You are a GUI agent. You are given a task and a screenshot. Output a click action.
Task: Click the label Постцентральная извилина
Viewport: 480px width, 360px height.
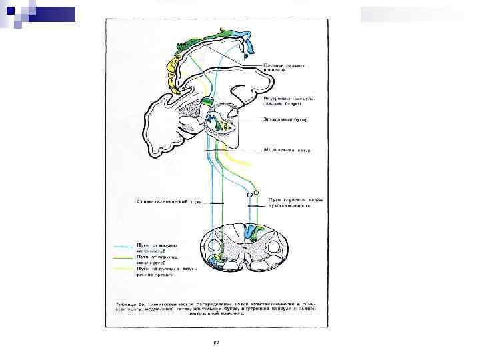(284, 69)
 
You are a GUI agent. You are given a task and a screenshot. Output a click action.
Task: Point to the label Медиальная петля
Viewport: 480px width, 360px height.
(287, 151)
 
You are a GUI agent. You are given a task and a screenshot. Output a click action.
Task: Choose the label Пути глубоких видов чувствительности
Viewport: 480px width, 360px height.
(290, 202)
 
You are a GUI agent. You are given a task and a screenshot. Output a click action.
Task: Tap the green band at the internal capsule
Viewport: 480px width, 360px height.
(207, 102)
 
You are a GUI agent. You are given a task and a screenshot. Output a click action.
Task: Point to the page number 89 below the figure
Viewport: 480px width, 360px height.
(216, 343)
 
